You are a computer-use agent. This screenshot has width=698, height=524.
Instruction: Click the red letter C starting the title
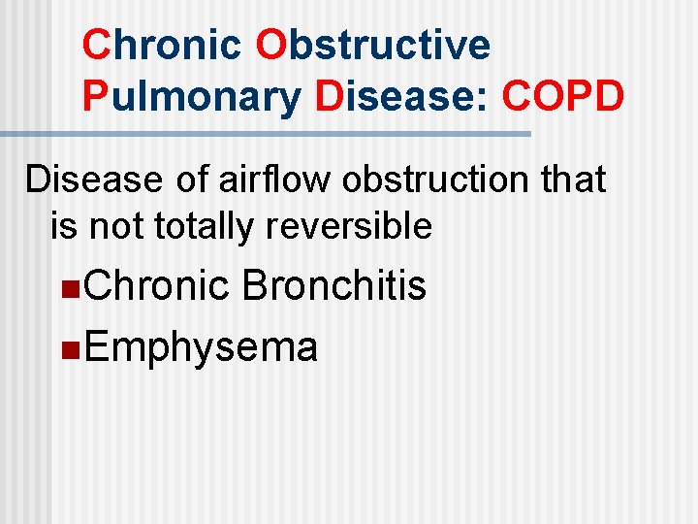point(95,46)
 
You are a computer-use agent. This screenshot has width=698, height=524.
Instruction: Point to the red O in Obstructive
point(271,46)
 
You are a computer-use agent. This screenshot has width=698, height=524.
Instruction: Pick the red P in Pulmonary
point(94,99)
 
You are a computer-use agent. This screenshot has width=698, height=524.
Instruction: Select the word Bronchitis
point(334,286)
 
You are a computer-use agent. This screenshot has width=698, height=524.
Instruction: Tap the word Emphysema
point(201,346)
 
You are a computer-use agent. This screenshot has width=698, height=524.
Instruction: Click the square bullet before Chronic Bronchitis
point(66,288)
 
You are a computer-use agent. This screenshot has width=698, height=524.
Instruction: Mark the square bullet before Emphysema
point(66,348)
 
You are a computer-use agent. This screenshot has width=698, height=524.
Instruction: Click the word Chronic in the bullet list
point(156,286)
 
